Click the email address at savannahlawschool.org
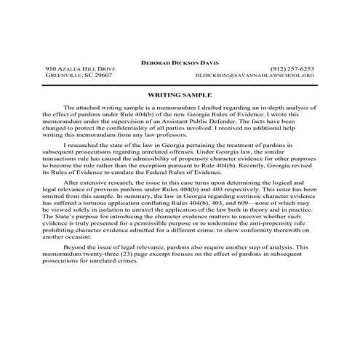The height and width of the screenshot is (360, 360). click(x=255, y=75)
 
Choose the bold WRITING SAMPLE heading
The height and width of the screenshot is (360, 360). click(x=180, y=94)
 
